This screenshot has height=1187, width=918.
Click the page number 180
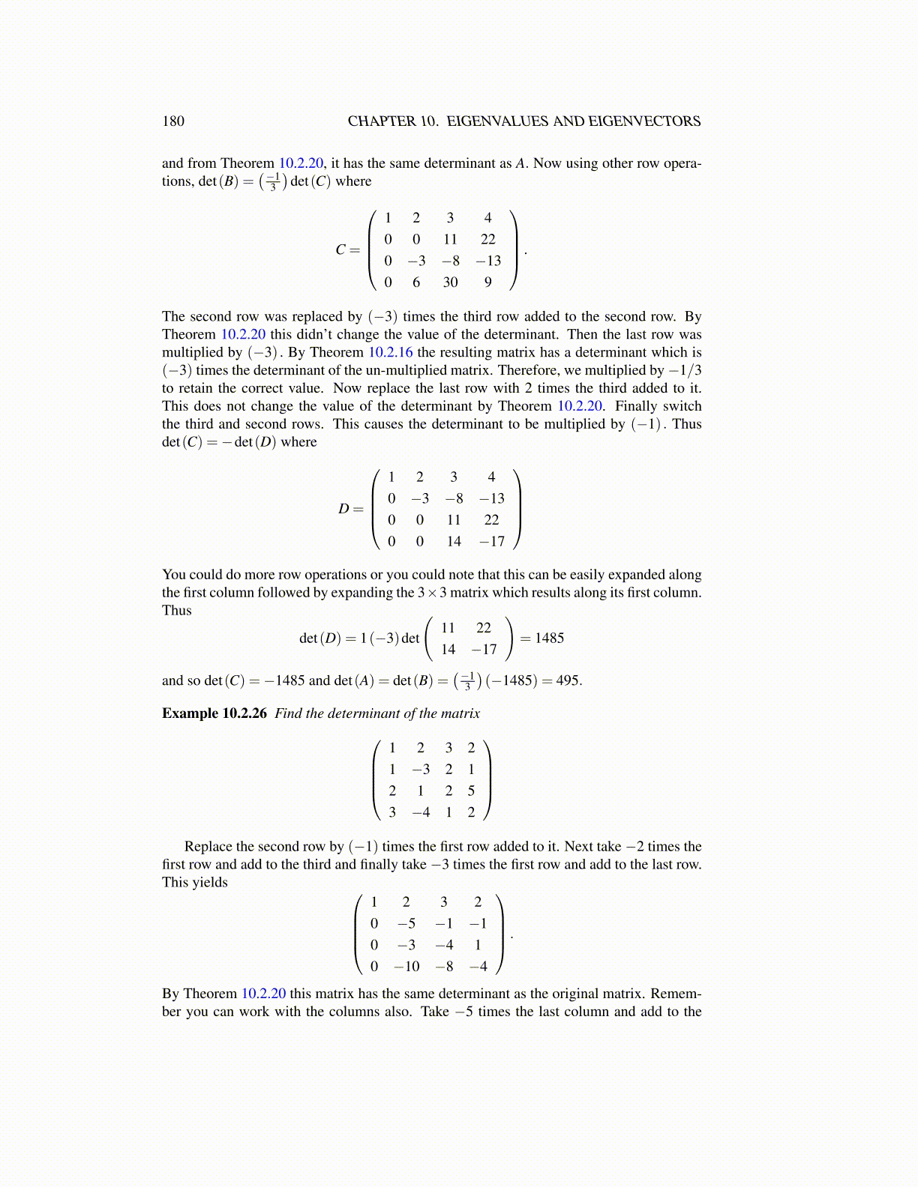[172, 121]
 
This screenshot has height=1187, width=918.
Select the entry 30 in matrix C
[450, 283]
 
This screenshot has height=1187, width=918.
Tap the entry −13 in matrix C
[488, 261]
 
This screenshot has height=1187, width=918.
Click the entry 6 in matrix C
[416, 283]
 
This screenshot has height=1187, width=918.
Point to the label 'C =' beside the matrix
[347, 250]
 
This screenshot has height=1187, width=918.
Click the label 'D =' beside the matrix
[350, 510]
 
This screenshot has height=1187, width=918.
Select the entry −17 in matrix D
[491, 542]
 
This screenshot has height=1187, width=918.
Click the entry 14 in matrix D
[454, 542]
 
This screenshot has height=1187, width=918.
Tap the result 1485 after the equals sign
[549, 638]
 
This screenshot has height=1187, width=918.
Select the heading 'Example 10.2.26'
[214, 713]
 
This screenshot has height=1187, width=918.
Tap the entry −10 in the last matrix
[406, 967]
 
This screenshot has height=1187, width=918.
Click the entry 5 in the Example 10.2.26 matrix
[471, 791]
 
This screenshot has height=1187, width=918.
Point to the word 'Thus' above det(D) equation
[177, 611]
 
